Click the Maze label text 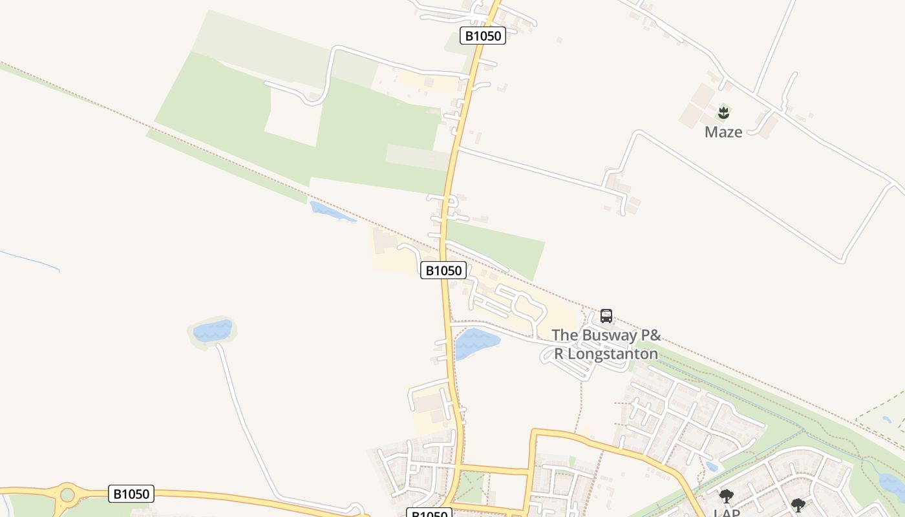pos(723,132)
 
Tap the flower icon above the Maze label pos(723,114)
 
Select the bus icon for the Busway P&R pos(606,316)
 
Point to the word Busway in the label pos(604,335)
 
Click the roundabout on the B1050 pos(67,496)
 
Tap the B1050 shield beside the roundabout pos(131,494)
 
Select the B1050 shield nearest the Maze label pos(482,36)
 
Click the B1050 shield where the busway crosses pos(443,270)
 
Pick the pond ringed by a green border pos(213,332)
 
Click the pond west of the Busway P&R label pos(476,343)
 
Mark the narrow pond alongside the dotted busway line pos(332,211)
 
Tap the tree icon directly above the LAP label pos(727,496)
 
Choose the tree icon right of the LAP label pos(798,505)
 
